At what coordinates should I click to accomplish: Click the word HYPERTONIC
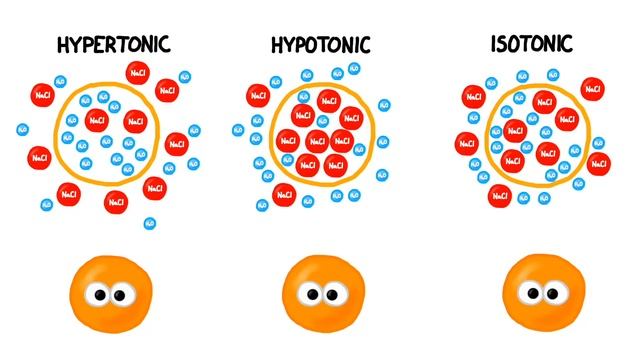pyautogui.click(x=113, y=44)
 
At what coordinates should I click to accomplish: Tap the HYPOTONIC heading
pyautogui.click(x=320, y=45)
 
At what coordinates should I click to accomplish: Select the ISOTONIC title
pyautogui.click(x=531, y=44)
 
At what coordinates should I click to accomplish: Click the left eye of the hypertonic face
pyautogui.click(x=100, y=296)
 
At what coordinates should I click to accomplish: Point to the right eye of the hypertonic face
pyautogui.click(x=119, y=296)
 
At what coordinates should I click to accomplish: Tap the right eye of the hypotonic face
pyautogui.click(x=330, y=296)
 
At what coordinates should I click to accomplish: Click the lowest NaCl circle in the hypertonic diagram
pyautogui.click(x=116, y=202)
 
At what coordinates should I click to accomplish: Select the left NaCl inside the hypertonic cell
pyautogui.click(x=97, y=120)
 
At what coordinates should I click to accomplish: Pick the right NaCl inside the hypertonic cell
pyautogui.click(x=134, y=122)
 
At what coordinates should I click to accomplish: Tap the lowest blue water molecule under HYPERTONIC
pyautogui.click(x=150, y=223)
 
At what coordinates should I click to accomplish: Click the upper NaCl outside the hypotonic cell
pyautogui.click(x=258, y=95)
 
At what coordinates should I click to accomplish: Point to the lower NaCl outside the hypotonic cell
pyautogui.click(x=284, y=191)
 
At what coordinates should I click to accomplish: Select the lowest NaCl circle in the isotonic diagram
pyautogui.click(x=500, y=195)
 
